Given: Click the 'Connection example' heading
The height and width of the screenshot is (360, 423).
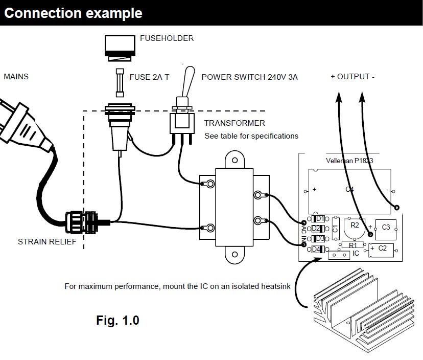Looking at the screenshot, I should pos(73,13).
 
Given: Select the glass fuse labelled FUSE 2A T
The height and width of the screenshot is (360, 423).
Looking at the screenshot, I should pos(120,82).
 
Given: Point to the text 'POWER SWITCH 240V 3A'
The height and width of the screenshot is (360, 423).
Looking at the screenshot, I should pos(249,77).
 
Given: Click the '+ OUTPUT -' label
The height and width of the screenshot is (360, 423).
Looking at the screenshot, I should pos(353,77).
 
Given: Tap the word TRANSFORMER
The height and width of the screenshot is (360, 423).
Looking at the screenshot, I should pos(234,123).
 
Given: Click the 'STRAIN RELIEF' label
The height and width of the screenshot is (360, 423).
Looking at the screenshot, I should pos(48,241).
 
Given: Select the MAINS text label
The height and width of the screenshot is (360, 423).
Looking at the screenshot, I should pos(16,77).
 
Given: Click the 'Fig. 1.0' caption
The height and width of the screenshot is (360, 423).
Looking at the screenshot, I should pos(118,321).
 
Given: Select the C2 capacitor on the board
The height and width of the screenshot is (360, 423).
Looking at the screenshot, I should pos(382,249).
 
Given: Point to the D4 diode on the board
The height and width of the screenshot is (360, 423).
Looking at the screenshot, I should pos(317,249).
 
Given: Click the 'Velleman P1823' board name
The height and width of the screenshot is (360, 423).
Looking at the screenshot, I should pos(349,160).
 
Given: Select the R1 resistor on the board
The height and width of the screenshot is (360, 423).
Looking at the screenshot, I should pos(352,245).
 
